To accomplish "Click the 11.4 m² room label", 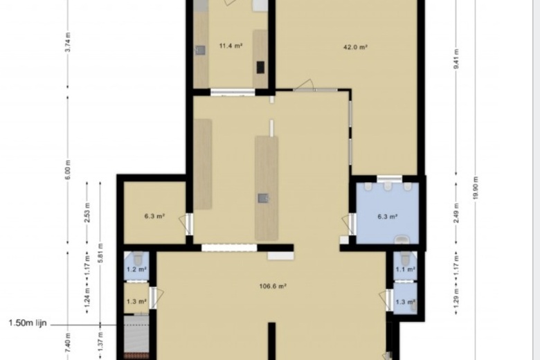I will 231,46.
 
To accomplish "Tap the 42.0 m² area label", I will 355,47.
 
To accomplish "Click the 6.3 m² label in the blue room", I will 387,217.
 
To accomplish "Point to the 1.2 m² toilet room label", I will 136,269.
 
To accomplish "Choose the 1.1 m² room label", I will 405,269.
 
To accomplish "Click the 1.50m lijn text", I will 27,323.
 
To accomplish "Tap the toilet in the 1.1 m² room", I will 405,259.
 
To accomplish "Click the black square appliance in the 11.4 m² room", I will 261,67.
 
